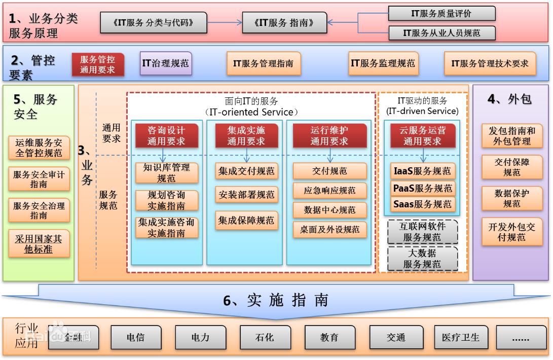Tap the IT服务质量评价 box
(x=442, y=14)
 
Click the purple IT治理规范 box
(x=166, y=63)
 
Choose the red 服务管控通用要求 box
(x=98, y=64)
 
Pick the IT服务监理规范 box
(x=383, y=63)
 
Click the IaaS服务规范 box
(x=423, y=171)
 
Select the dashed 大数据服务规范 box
(x=423, y=259)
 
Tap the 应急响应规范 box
(x=329, y=191)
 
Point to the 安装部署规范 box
(x=246, y=194)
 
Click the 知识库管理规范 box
(x=166, y=172)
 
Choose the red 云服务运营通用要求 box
(x=423, y=135)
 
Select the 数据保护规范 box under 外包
(x=512, y=198)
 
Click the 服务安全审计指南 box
(x=39, y=179)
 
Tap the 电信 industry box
(x=135, y=337)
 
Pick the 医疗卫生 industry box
(x=460, y=337)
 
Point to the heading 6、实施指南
(x=276, y=300)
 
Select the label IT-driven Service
(x=422, y=111)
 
